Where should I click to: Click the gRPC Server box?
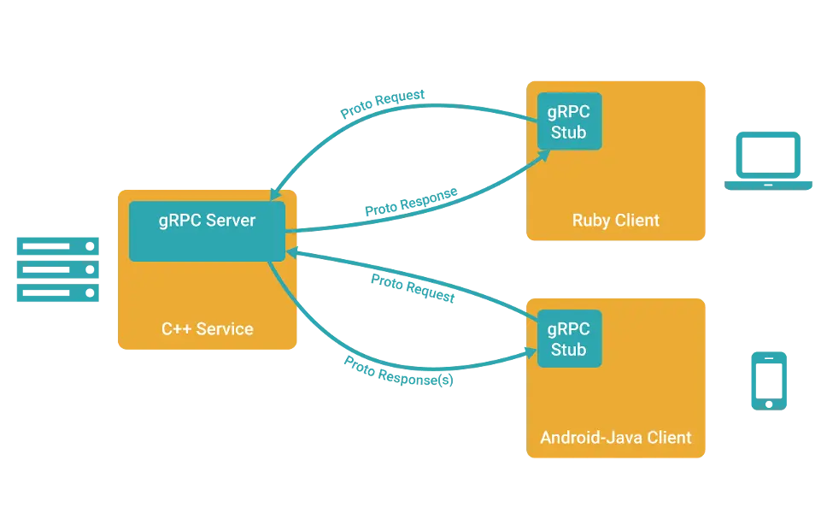point(207,231)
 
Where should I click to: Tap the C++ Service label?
point(208,328)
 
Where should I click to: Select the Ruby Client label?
point(615,220)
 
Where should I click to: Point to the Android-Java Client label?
point(616,437)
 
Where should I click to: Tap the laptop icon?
point(767,162)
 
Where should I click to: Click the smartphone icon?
point(769,380)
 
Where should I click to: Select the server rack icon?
point(58,270)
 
